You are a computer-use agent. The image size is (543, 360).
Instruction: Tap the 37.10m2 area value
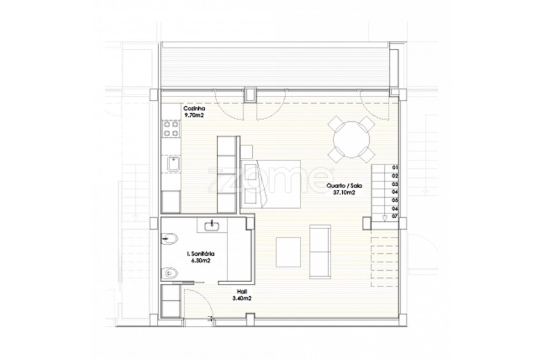click(x=344, y=193)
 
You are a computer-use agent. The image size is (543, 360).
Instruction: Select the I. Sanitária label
click(x=200, y=254)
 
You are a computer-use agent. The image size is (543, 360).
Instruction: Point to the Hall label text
click(x=242, y=291)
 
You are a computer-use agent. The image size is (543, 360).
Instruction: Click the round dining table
click(x=351, y=139)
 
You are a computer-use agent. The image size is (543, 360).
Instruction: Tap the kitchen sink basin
click(x=173, y=164)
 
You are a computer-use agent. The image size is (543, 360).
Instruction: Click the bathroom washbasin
click(x=212, y=226)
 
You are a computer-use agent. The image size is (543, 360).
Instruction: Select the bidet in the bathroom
click(x=170, y=239)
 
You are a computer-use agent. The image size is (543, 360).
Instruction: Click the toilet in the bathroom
click(x=170, y=273)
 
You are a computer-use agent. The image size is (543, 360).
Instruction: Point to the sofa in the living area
click(x=320, y=251)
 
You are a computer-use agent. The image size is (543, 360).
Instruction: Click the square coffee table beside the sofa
click(x=288, y=252)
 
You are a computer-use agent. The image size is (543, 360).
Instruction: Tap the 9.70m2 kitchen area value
click(x=194, y=115)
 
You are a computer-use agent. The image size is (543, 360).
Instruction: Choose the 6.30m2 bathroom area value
click(x=200, y=261)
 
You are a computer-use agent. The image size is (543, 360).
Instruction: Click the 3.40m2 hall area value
click(x=242, y=298)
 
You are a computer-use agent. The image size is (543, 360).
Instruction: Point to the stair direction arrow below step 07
click(x=385, y=218)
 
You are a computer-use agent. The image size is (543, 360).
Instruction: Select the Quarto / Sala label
click(x=345, y=186)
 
